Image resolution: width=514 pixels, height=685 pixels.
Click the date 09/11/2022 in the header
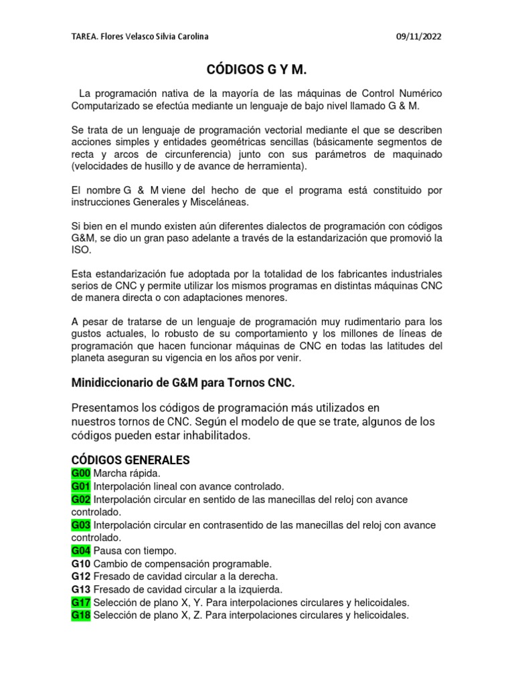(418, 37)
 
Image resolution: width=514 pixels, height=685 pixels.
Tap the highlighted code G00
(81, 474)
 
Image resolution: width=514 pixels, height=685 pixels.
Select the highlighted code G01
(81, 486)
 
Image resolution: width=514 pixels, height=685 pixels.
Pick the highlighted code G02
(81, 500)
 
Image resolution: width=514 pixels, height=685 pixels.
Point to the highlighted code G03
(81, 525)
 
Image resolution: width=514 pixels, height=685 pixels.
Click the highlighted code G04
(81, 551)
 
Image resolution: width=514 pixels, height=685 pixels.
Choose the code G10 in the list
(81, 564)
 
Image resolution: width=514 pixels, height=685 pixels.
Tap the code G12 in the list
(81, 577)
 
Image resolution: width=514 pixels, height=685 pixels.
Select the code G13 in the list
(81, 589)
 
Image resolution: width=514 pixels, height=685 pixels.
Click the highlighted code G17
(81, 602)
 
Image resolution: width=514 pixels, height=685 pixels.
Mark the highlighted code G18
(81, 615)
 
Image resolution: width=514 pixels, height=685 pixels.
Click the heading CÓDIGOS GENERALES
(131, 460)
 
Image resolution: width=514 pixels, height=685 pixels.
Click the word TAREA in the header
(84, 37)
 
